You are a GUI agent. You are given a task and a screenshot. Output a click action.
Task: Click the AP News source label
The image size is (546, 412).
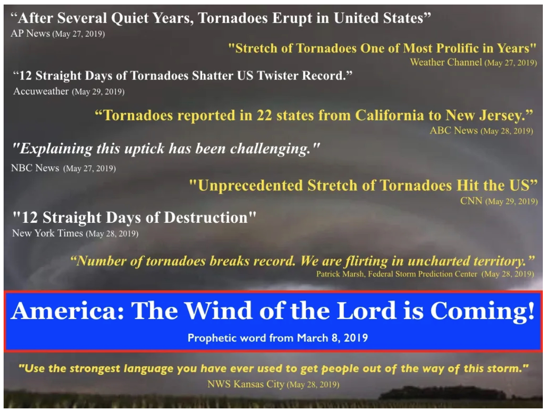click(x=30, y=33)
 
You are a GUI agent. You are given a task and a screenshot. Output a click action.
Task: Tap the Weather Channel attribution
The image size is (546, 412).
click(x=446, y=62)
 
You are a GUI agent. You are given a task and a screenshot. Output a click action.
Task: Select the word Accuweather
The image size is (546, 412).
click(x=41, y=91)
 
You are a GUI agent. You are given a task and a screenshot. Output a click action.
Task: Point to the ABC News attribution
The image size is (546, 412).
click(x=454, y=130)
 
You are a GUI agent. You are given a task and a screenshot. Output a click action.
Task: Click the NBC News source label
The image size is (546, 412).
click(x=35, y=168)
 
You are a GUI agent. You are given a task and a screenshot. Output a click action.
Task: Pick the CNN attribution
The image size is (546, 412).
click(x=471, y=201)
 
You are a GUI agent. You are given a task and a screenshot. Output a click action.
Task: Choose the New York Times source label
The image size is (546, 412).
click(x=47, y=233)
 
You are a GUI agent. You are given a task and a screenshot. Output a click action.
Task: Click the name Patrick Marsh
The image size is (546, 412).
click(x=340, y=274)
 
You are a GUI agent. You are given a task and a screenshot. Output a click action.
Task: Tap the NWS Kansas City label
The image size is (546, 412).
click(x=246, y=384)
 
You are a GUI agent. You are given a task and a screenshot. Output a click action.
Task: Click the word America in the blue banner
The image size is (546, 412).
click(x=67, y=310)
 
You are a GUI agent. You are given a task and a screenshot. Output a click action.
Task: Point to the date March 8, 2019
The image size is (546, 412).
click(x=332, y=338)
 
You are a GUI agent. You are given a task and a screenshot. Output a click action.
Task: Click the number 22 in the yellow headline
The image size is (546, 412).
click(x=264, y=115)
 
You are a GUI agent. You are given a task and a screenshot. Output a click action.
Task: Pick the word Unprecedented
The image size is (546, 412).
click(x=250, y=186)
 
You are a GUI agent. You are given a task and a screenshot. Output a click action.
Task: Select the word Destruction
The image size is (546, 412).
click(x=206, y=218)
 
